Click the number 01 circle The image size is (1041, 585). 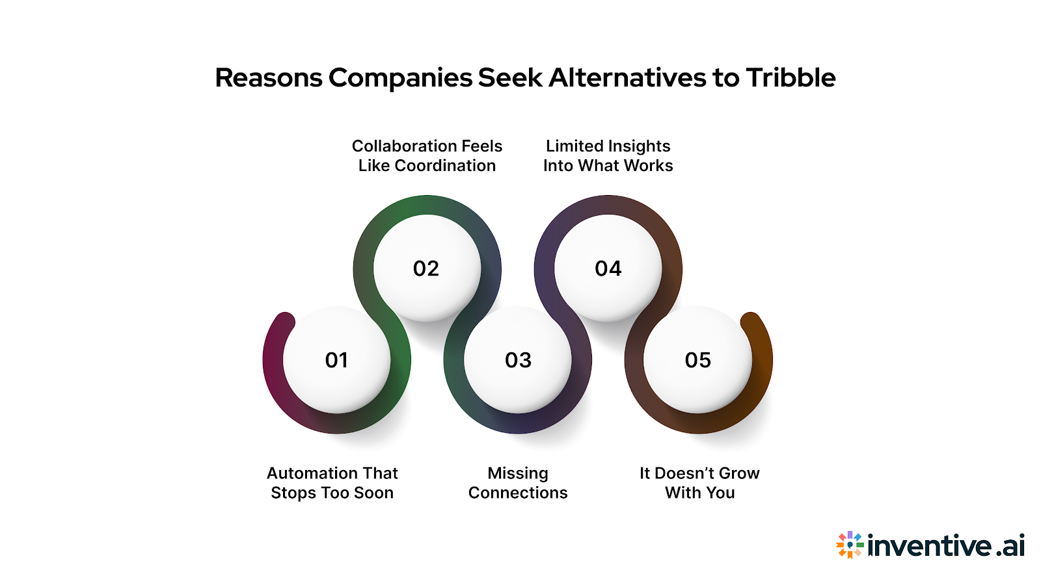click(x=336, y=359)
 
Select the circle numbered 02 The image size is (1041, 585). click(x=426, y=268)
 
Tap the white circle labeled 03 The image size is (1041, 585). click(x=518, y=359)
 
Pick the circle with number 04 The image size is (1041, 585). click(x=608, y=268)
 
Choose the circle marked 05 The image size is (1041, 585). click(x=698, y=359)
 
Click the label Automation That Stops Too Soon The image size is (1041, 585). click(x=332, y=483)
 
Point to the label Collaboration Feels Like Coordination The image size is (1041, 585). click(x=427, y=156)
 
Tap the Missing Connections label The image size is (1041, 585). click(x=518, y=483)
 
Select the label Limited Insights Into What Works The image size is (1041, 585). click(x=608, y=156)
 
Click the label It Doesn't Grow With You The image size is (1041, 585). click(x=699, y=483)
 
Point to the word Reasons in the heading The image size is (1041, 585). click(x=269, y=78)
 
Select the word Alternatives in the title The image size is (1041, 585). click(x=627, y=78)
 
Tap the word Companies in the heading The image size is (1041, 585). click(x=400, y=78)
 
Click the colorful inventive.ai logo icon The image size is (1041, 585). click(x=850, y=545)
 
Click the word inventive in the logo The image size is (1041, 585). click(x=930, y=545)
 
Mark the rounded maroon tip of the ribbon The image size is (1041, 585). click(x=285, y=322)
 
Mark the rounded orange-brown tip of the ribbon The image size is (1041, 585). click(x=750, y=322)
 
